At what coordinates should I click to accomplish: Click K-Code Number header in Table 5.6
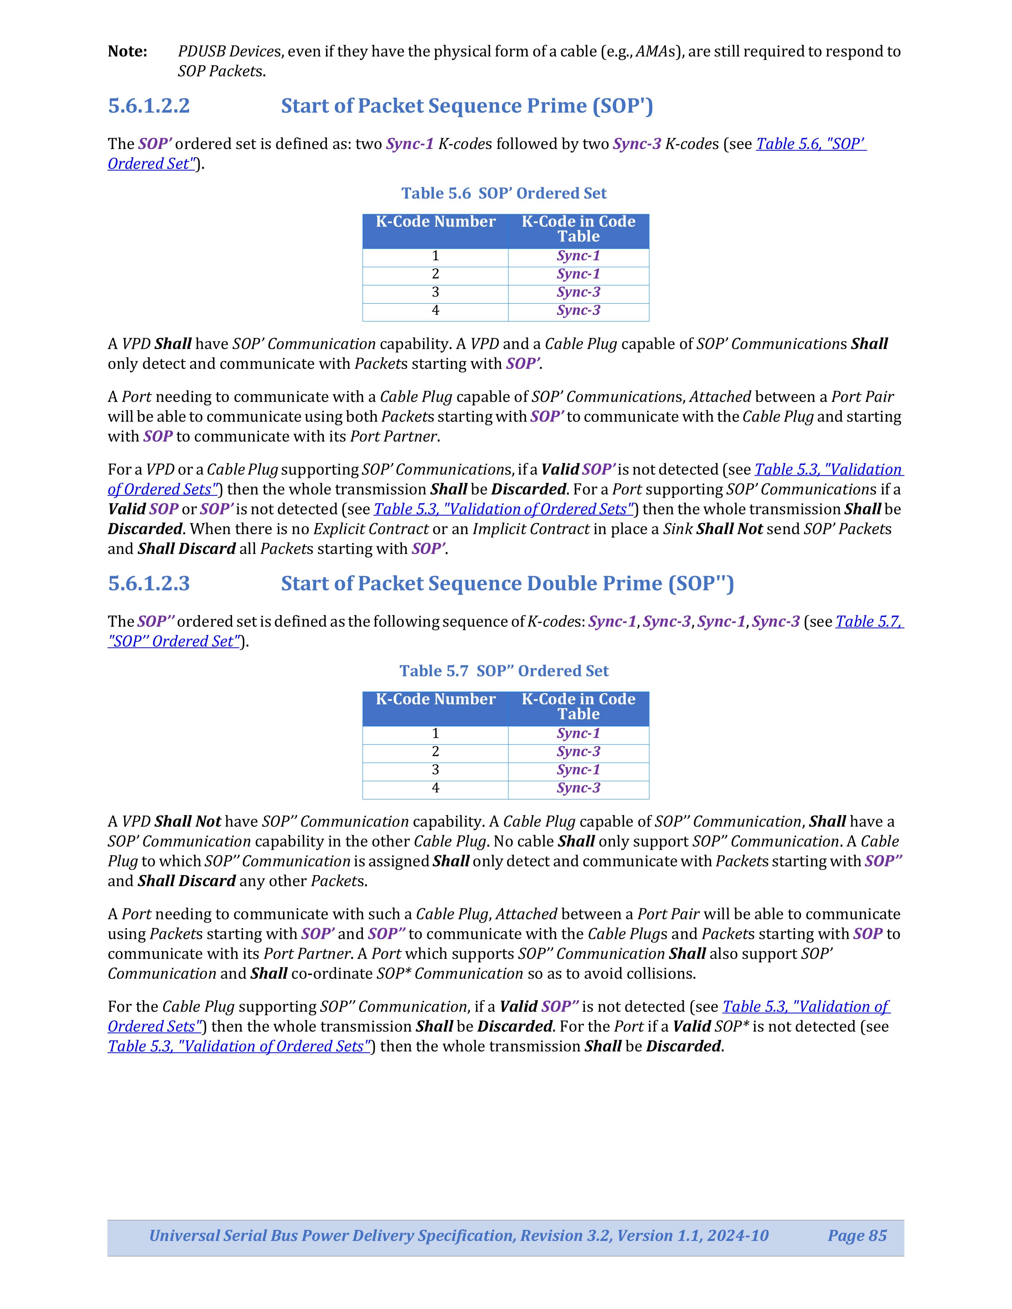point(435,222)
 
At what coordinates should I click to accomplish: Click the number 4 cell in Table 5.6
point(435,311)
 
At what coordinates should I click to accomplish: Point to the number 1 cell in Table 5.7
point(435,734)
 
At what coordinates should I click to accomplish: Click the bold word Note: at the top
point(127,51)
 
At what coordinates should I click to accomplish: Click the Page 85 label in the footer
point(857,1236)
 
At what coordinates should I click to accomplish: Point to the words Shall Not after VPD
point(187,822)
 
